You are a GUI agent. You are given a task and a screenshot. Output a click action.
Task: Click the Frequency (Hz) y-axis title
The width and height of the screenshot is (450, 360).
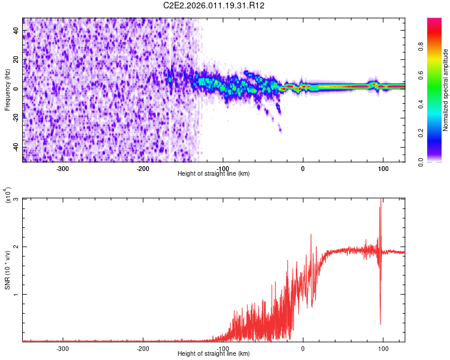coord(7,90)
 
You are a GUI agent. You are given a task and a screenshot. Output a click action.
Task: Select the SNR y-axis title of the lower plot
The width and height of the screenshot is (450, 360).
coord(7,270)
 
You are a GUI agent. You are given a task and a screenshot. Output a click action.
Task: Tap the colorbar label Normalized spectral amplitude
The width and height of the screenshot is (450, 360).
coord(446,90)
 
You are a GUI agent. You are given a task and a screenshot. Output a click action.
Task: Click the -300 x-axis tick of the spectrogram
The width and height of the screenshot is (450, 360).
coord(63,168)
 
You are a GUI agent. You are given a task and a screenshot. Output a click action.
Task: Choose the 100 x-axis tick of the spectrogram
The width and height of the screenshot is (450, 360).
coord(383,168)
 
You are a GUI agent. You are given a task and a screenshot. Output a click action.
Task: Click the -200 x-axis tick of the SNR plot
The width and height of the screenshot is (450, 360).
coord(143,348)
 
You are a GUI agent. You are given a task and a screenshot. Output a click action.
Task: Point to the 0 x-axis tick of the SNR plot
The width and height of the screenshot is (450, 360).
coord(303,348)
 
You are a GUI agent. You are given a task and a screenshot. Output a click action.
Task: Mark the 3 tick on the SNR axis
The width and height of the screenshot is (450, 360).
coord(16,199)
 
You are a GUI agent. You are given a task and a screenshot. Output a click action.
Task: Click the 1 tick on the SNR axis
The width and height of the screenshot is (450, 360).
coord(16,295)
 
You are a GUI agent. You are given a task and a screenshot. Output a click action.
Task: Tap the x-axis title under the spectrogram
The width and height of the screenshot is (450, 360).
coord(214,174)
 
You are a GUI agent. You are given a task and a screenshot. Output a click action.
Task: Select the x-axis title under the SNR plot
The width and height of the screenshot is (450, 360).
coord(214,354)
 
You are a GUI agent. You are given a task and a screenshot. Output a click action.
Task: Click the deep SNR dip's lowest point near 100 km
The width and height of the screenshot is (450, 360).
coord(380,325)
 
